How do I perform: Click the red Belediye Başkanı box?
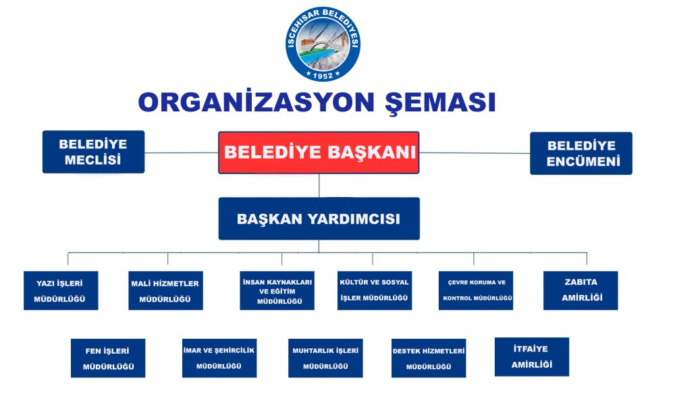pos(319,153)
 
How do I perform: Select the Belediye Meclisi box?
pos(93,152)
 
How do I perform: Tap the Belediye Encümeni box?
pos(580,153)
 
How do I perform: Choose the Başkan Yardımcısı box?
pos(319,219)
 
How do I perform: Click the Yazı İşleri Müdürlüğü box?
pos(61,290)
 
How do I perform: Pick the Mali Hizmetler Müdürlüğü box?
pos(165,290)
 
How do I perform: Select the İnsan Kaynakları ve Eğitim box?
pos(277,291)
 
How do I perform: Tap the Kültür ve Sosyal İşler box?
pos(375,290)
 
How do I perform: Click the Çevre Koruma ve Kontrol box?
pos(476,290)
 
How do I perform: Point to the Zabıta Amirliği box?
pos(580,290)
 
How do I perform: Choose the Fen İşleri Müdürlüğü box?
pos(108,358)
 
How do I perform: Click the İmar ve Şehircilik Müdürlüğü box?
pos(219,358)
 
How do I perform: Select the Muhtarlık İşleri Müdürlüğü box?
pos(325,358)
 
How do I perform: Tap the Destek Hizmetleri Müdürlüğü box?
pos(429,358)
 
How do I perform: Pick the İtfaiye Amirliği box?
pos(532,356)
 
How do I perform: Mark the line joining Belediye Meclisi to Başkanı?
pos(181,153)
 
